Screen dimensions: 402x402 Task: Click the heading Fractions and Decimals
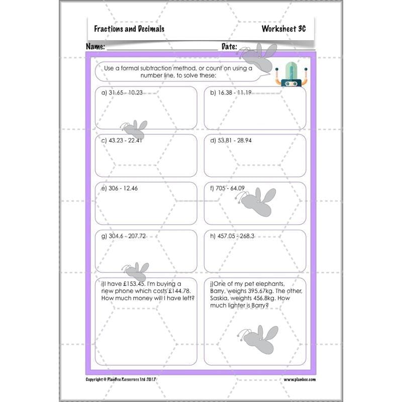(129, 29)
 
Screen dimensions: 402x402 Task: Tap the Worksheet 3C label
(283, 29)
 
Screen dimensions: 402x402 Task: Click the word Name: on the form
(95, 46)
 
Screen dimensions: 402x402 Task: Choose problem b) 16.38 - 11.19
(231, 92)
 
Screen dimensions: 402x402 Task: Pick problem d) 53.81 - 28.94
(231, 140)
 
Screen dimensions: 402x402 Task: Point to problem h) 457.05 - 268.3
(232, 236)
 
